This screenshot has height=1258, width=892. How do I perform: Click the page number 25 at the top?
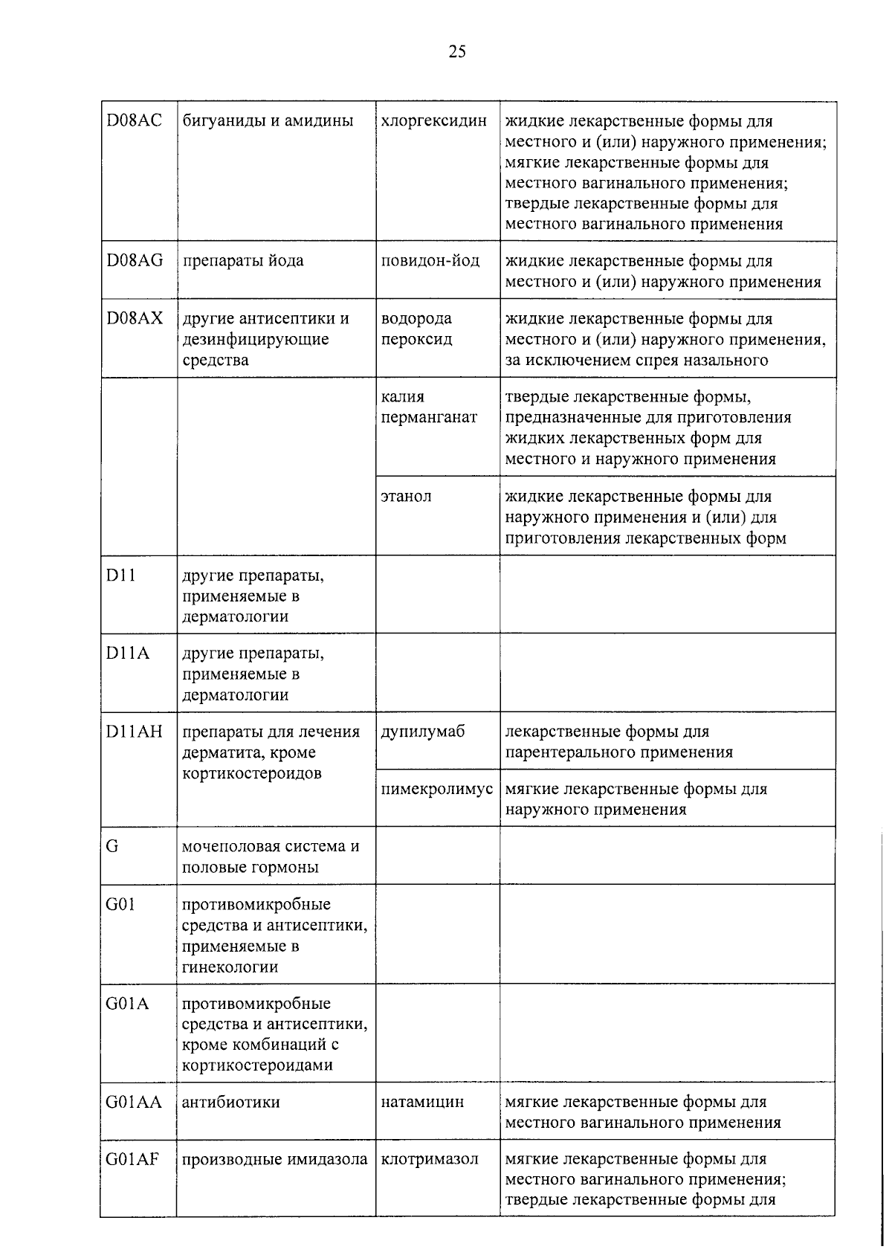457,51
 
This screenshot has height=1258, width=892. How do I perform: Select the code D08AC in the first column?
134,120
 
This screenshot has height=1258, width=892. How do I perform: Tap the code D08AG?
135,261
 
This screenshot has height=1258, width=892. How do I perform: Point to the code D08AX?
134,319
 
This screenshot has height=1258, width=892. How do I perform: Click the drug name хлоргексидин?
433,120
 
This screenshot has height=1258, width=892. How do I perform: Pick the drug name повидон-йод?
430,261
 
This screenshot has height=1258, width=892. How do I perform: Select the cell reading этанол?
406,496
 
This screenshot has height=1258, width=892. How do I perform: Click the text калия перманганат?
428,407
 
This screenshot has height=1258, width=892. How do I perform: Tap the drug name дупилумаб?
422,732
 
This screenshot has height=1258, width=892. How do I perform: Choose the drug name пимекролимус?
436,789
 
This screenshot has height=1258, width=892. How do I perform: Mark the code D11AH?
134,732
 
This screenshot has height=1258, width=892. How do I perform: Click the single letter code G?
112,847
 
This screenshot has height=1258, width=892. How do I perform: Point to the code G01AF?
132,1159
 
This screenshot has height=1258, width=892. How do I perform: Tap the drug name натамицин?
422,1102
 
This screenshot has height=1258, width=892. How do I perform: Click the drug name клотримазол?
430,1159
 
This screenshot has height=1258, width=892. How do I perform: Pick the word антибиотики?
231,1102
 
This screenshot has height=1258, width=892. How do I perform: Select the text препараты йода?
243,261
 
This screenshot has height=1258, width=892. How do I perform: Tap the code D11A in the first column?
127,654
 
